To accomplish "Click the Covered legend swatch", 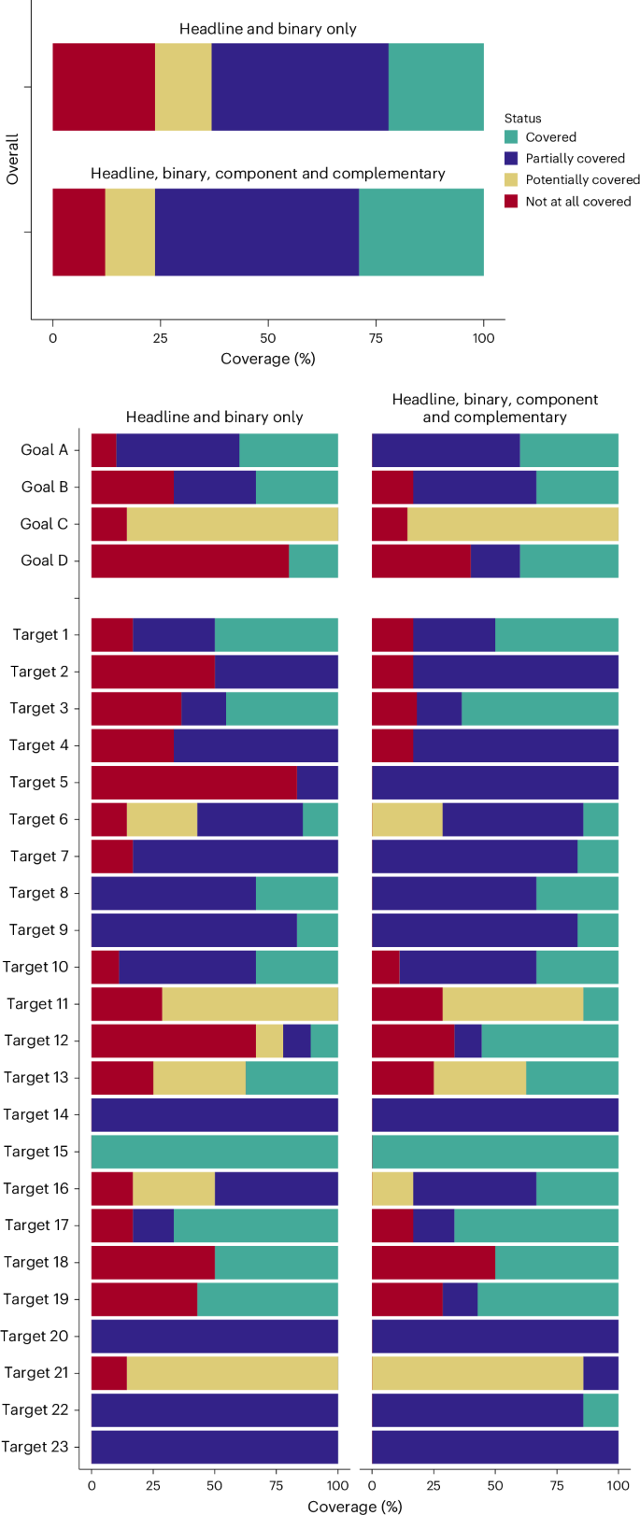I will [511, 137].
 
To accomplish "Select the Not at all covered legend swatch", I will [511, 202].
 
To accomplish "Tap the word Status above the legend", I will [522, 119].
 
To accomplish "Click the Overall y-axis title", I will [13, 159].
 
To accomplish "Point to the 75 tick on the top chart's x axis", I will [376, 337].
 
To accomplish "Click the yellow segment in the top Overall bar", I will [183, 87].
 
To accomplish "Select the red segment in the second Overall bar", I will [78, 233].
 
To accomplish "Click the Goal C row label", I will [44, 524].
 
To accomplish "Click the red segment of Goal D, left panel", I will [190, 561].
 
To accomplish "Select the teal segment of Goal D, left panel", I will [313, 561].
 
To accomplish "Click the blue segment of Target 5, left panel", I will [317, 783].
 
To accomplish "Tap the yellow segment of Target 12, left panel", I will [269, 1041].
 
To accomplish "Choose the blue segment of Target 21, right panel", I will [601, 1373].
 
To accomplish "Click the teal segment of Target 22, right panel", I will [601, 1409].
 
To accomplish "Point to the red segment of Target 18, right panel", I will [433, 1262].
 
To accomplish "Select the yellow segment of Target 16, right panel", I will [392, 1188].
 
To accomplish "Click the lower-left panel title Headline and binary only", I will [214, 418].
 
